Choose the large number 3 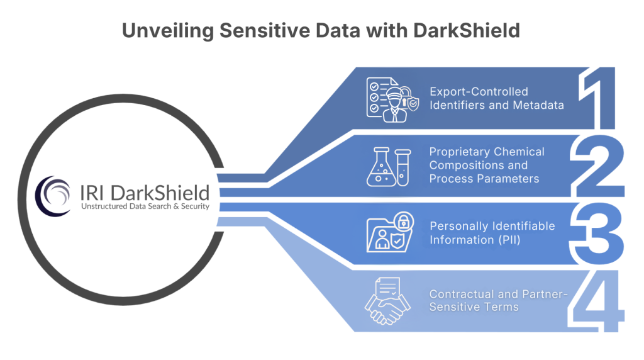tap(598, 232)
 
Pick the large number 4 tap(597, 300)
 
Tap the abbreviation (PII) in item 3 tap(506, 239)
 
